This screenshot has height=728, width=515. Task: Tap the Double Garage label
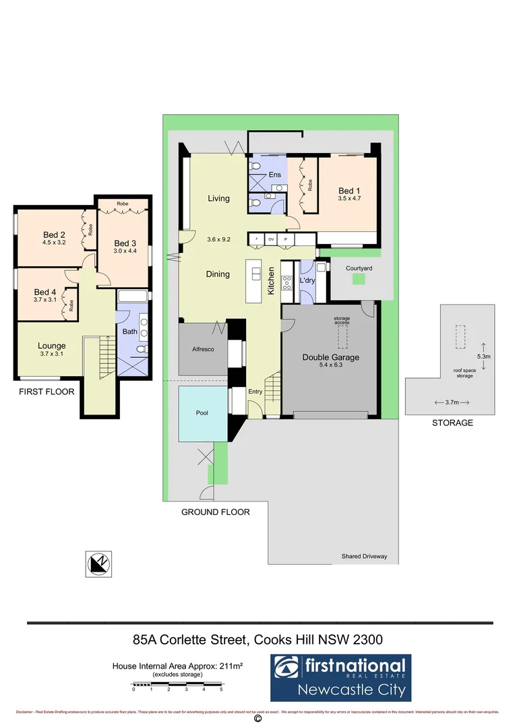[330, 357]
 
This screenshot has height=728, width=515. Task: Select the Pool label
[202, 413]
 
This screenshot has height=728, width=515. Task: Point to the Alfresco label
[203, 350]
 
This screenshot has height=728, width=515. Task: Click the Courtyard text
[359, 268]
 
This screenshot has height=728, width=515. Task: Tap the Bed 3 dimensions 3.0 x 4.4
[125, 251]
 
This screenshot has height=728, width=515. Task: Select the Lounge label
[51, 346]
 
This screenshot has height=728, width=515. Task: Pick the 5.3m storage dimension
[484, 356]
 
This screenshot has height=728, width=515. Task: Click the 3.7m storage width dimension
[452, 402]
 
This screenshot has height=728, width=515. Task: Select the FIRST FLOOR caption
[42, 391]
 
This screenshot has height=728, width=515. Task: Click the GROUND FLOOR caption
[216, 512]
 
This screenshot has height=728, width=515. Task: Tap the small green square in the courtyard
[359, 280]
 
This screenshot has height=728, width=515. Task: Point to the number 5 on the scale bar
[222, 690]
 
